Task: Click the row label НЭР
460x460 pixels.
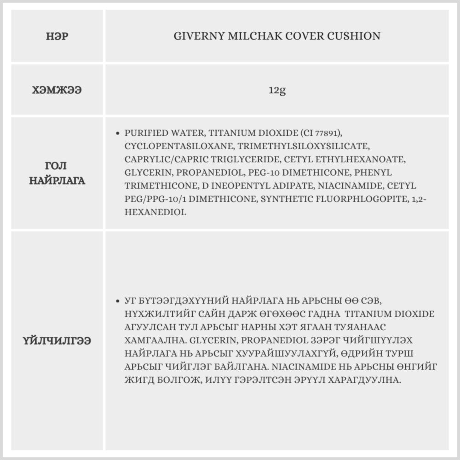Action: (x=57, y=36)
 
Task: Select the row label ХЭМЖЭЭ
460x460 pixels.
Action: (x=57, y=90)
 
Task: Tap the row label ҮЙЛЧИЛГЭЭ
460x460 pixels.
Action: (x=57, y=341)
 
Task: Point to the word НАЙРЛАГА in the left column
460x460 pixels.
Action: (x=57, y=180)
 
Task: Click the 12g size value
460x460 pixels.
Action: (x=277, y=90)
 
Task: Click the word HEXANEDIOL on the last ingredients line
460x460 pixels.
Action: (x=155, y=213)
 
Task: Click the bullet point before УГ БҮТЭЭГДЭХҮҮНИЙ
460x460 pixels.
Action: (x=117, y=301)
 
